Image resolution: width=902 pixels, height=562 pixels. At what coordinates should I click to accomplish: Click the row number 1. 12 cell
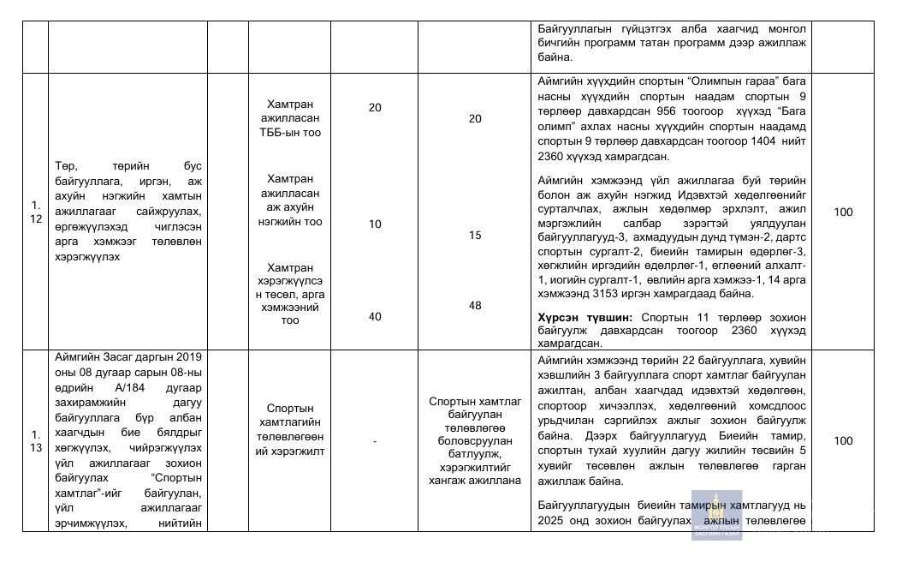pyautogui.click(x=35, y=212)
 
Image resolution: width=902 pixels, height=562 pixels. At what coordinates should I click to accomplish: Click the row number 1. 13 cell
pyautogui.click(x=35, y=440)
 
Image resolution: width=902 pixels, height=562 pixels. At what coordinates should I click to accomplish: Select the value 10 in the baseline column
pyautogui.click(x=375, y=224)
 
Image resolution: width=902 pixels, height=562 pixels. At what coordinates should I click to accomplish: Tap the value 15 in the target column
pyautogui.click(x=475, y=235)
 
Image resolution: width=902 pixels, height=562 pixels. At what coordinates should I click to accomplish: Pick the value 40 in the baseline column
pyautogui.click(x=375, y=316)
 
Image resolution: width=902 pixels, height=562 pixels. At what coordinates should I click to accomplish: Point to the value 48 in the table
pyautogui.click(x=475, y=305)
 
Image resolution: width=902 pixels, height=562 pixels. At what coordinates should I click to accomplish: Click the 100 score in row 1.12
pyautogui.click(x=843, y=212)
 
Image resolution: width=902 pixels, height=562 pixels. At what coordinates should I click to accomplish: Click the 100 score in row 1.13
pyautogui.click(x=843, y=440)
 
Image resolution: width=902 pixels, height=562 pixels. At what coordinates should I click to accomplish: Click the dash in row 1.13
pyautogui.click(x=375, y=440)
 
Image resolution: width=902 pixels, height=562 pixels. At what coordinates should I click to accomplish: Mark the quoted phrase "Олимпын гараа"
pyautogui.click(x=721, y=81)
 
